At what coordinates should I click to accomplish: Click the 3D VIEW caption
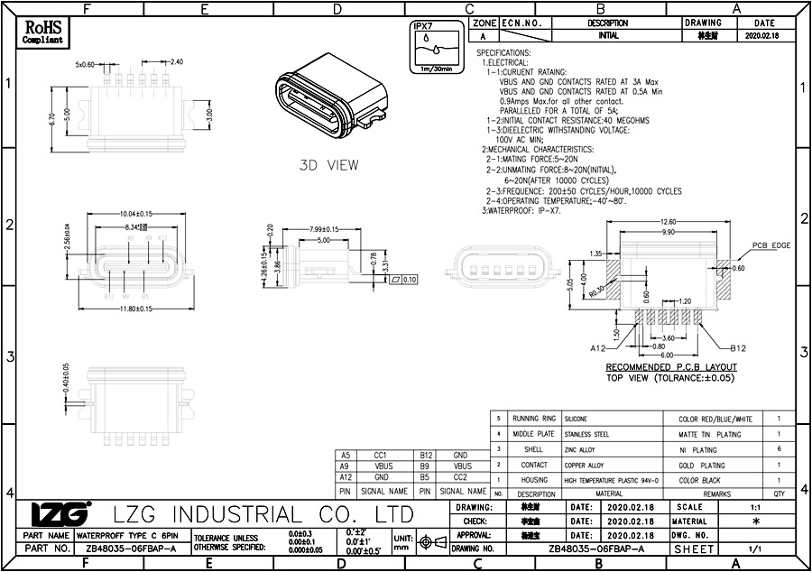click(328, 165)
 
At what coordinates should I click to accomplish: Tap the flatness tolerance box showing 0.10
click(404, 280)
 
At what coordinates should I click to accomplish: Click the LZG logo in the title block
click(60, 513)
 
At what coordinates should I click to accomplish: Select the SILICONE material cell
click(576, 420)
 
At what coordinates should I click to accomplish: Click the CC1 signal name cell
click(380, 455)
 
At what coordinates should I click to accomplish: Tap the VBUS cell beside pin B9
click(462, 466)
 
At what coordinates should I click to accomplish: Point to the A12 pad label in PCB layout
click(597, 347)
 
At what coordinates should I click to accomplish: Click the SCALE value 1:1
click(755, 508)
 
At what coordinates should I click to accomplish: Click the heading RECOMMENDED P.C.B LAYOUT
click(670, 367)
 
